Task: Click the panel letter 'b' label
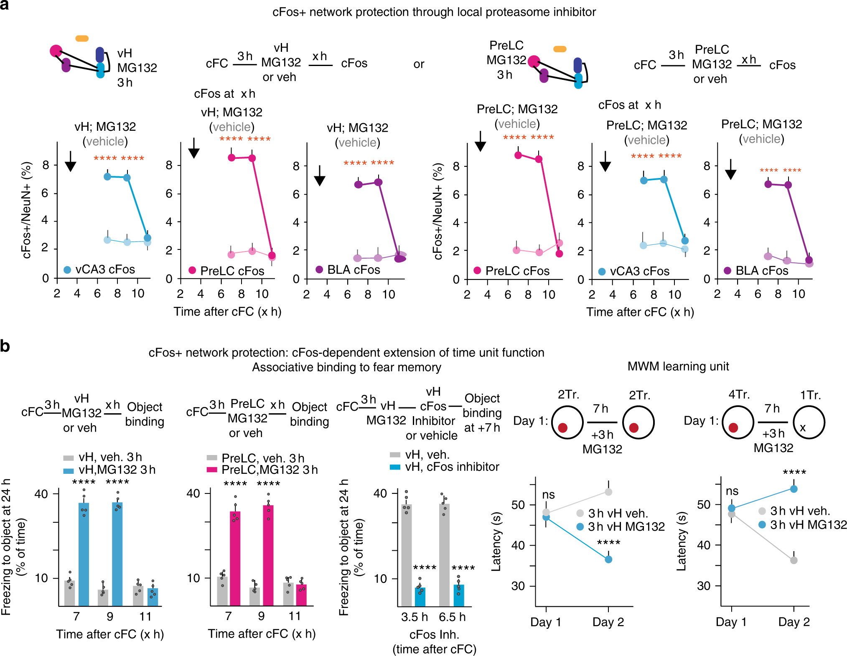[5, 346]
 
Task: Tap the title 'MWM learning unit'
[678, 366]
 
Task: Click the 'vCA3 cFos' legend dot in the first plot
[67, 270]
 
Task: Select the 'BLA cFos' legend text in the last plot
[762, 271]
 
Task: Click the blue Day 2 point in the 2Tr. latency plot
[608, 559]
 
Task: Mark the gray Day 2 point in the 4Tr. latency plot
[794, 560]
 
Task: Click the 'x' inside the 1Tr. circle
[803, 428]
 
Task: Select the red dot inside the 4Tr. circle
[733, 427]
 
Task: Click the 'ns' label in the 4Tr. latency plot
[732, 491]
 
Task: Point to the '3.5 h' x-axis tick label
[415, 617]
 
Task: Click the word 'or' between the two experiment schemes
[419, 64]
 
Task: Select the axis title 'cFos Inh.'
[434, 635]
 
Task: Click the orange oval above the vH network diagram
[82, 38]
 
